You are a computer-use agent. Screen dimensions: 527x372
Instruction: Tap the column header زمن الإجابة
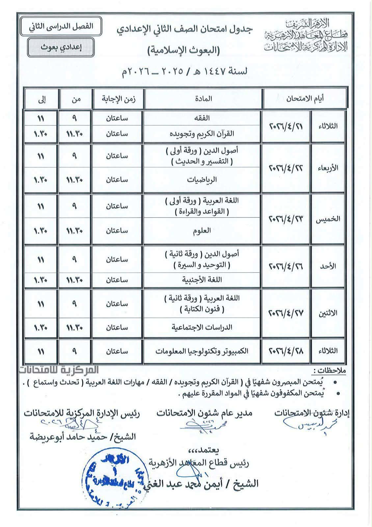point(119,98)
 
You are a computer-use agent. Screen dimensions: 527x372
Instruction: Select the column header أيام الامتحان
point(305,98)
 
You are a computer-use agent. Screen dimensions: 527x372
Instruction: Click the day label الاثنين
point(327,313)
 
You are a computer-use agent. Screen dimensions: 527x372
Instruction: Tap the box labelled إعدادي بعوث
point(57,47)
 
